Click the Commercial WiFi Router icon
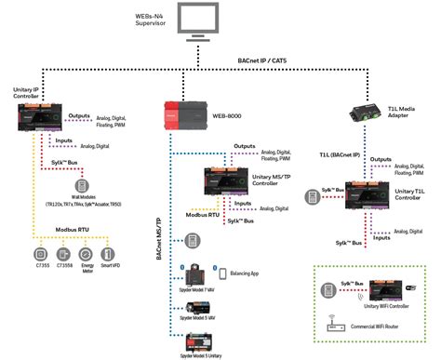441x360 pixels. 336,328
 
